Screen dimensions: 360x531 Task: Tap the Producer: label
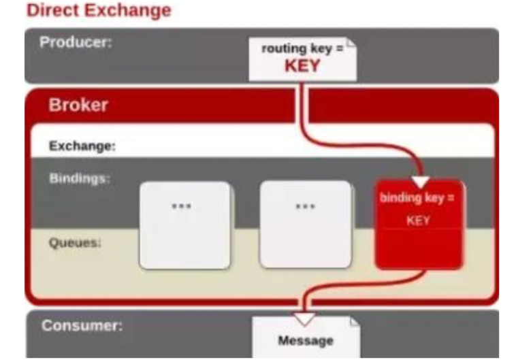76,42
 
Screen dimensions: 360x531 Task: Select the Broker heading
78,105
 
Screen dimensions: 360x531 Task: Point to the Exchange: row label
82,146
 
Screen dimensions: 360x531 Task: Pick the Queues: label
75,242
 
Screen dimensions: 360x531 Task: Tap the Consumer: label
82,325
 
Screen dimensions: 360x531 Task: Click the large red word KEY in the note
302,67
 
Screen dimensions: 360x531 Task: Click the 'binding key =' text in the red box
417,198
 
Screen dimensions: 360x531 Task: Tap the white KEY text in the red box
417,220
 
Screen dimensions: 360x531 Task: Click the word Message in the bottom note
306,340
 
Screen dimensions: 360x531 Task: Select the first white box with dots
185,225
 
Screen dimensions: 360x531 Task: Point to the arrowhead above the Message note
305,318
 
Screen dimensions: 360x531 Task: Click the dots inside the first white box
181,206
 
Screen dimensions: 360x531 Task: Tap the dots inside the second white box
305,206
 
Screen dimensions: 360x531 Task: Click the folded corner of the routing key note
351,46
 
